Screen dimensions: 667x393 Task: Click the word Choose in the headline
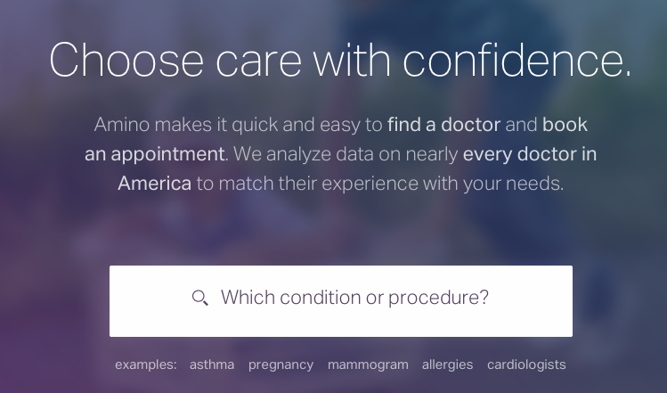click(126, 60)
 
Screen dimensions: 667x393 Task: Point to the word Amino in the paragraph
click(122, 125)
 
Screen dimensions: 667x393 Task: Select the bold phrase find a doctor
click(443, 125)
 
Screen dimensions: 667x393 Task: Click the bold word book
click(565, 125)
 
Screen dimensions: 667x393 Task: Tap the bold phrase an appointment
click(154, 154)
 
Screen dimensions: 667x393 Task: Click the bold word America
click(154, 184)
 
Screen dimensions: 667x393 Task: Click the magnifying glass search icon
click(200, 298)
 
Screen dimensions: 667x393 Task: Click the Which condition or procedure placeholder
click(354, 298)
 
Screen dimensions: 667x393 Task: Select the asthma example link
click(212, 364)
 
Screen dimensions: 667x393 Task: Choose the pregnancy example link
click(281, 365)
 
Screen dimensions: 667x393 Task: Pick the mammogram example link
click(368, 365)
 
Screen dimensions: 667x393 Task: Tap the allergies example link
click(448, 364)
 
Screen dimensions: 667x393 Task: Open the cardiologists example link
click(526, 364)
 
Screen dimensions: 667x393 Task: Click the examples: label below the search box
click(145, 365)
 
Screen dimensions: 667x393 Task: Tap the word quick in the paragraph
click(255, 126)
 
